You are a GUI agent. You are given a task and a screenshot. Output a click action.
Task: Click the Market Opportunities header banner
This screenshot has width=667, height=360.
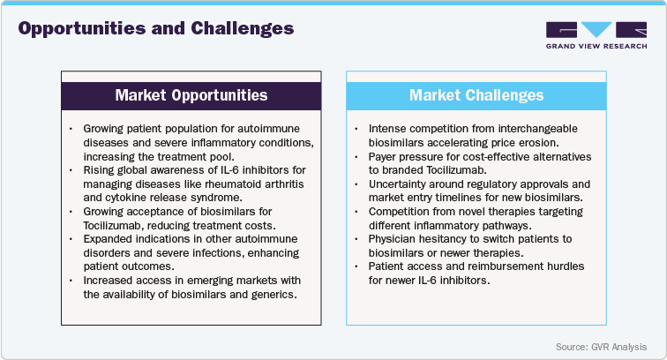pos(191,94)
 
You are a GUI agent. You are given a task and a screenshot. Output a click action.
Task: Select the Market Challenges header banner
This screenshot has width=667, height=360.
pos(476,94)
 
